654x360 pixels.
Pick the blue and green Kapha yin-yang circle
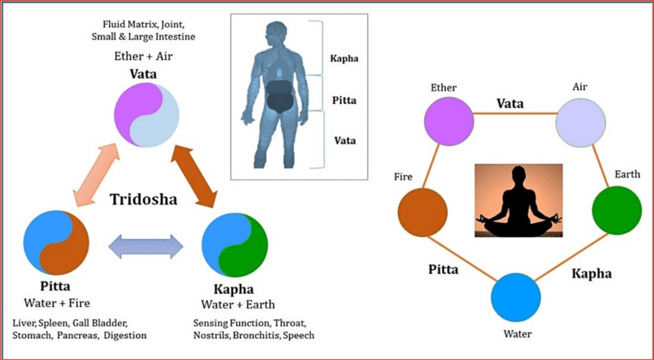[235, 245]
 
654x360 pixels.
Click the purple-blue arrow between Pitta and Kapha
[145, 247]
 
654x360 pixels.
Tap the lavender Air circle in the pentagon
[581, 122]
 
